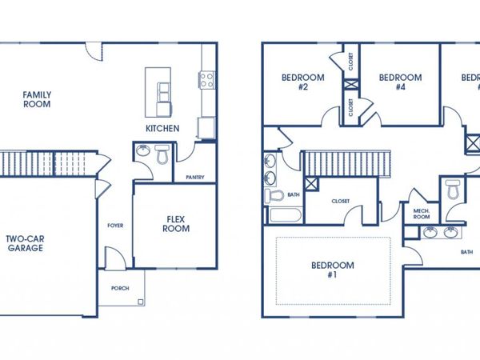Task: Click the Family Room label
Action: (37, 98)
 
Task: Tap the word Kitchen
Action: (162, 128)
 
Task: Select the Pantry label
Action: (194, 177)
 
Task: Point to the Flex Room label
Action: (177, 223)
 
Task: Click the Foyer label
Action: (115, 226)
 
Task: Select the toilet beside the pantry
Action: (163, 154)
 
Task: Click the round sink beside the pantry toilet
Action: (143, 152)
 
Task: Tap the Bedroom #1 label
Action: (329, 270)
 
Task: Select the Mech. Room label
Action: (422, 214)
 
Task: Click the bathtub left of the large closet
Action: (285, 216)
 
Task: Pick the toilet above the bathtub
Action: (274, 195)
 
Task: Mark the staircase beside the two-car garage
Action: (48, 164)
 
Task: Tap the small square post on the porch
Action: (141, 302)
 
